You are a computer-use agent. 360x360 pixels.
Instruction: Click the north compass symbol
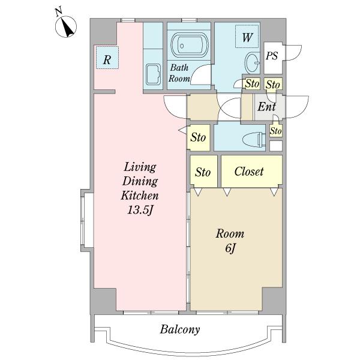pyautogui.click(x=66, y=25)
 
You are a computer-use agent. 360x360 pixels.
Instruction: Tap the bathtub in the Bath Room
pyautogui.click(x=190, y=45)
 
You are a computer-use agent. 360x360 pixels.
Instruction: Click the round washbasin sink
pyautogui.click(x=252, y=62)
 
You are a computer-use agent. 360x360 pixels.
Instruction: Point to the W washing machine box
pyautogui.click(x=247, y=37)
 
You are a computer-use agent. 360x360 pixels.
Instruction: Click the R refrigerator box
pyautogui.click(x=107, y=58)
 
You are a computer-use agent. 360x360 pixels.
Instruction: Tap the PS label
pyautogui.click(x=272, y=56)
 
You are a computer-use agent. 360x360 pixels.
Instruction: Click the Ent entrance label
pyautogui.click(x=266, y=107)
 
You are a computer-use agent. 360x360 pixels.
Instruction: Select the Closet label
pyautogui.click(x=249, y=172)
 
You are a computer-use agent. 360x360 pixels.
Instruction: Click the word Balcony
pyautogui.click(x=180, y=329)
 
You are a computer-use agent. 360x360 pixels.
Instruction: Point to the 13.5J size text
pyautogui.click(x=140, y=209)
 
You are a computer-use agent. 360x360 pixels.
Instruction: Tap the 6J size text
pyautogui.click(x=230, y=248)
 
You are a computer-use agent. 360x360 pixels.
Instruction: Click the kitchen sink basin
pyautogui.click(x=153, y=74)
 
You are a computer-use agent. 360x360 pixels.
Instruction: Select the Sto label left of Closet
pyautogui.click(x=203, y=172)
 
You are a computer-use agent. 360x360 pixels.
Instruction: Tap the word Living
pyautogui.click(x=140, y=167)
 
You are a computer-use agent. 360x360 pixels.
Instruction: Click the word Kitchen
pyautogui.click(x=140, y=196)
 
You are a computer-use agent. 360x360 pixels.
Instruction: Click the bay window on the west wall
pyautogui.click(x=87, y=220)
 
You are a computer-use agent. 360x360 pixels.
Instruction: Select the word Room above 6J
pyautogui.click(x=230, y=234)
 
